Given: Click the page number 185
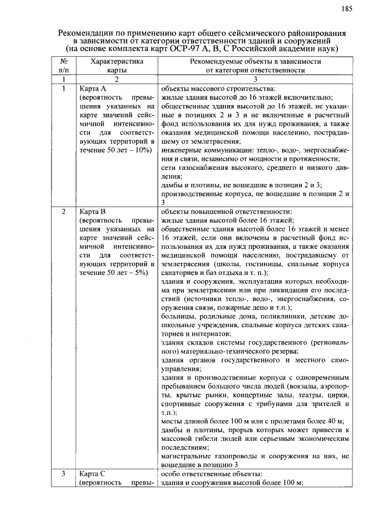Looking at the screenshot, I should (x=347, y=8).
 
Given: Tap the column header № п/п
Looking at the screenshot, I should (x=65, y=66).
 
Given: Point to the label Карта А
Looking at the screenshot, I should (x=93, y=89).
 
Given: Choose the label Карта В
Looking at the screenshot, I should (x=93, y=211).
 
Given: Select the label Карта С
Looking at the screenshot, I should (x=93, y=473).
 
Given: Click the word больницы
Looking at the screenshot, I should (x=177, y=317).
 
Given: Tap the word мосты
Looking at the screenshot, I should (x=172, y=421).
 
